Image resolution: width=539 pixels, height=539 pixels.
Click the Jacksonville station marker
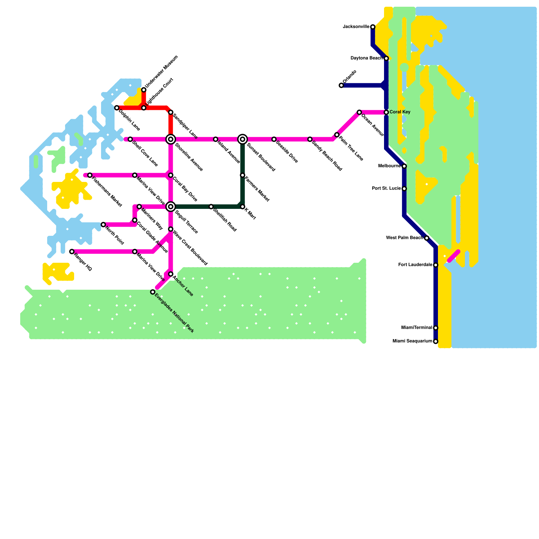coord(373,27)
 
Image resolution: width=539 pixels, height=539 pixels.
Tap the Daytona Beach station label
coord(367,58)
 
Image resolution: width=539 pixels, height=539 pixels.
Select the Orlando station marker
coord(341,86)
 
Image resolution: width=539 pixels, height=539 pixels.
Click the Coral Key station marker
coord(386,112)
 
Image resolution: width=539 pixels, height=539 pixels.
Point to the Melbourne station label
coord(389,166)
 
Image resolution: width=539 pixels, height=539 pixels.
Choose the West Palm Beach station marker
coord(426,238)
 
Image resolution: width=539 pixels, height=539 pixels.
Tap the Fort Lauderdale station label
coord(415,265)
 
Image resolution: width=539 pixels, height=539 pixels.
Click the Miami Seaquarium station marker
coord(436,342)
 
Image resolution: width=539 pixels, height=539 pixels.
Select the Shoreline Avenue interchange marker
coord(171,139)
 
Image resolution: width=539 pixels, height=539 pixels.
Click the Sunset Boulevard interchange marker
coord(243,139)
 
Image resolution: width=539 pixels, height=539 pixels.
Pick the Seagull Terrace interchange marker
coord(171,207)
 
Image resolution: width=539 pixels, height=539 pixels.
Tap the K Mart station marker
coord(243,207)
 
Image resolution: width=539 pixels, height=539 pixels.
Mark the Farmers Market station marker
coord(243,175)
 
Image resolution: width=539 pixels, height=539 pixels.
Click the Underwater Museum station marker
coord(144,90)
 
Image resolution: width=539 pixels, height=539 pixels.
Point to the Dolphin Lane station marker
coord(117,108)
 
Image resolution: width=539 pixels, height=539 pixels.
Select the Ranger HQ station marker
coord(72,252)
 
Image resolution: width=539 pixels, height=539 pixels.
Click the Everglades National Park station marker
coord(153,292)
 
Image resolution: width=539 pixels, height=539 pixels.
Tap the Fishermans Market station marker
coord(90,175)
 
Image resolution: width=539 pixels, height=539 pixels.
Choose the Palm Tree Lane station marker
coord(337,135)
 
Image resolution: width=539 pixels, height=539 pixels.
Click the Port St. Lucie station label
coord(386,189)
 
